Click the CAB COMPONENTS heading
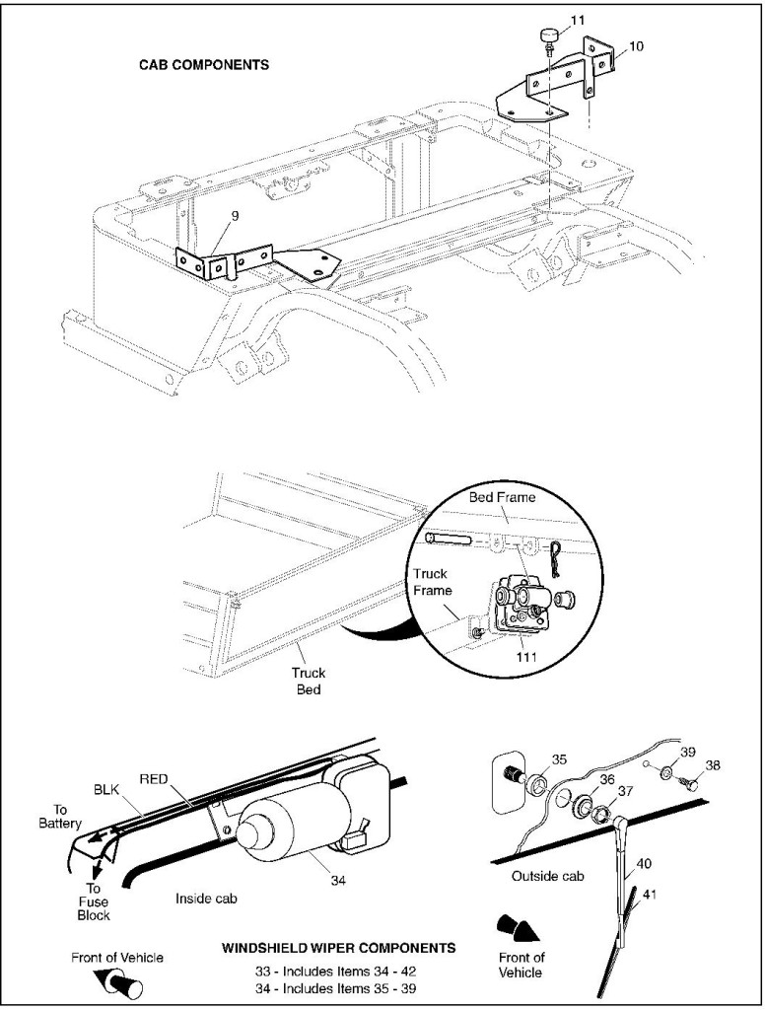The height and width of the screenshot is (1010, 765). pyautogui.click(x=204, y=65)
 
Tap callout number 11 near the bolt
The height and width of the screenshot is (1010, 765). pyautogui.click(x=549, y=19)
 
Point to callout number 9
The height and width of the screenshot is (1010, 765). pyautogui.click(x=234, y=214)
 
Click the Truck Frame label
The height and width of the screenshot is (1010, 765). pyautogui.click(x=431, y=580)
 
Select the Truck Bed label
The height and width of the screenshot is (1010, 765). pyautogui.click(x=308, y=681)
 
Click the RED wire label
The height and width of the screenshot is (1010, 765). pyautogui.click(x=153, y=778)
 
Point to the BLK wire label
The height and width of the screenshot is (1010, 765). pyautogui.click(x=105, y=789)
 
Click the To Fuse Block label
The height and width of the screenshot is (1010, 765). pyautogui.click(x=94, y=902)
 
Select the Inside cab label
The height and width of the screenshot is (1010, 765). pyautogui.click(x=205, y=899)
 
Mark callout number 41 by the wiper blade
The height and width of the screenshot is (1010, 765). pyautogui.click(x=650, y=895)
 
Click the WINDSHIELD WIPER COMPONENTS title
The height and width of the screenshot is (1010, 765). pyautogui.click(x=338, y=947)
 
